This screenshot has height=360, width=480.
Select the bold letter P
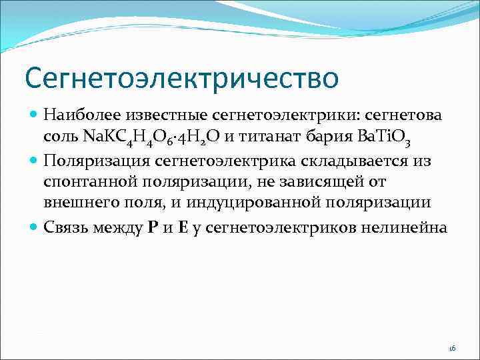click(153, 228)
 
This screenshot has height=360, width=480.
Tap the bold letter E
click(182, 228)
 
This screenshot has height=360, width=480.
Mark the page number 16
click(451, 348)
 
